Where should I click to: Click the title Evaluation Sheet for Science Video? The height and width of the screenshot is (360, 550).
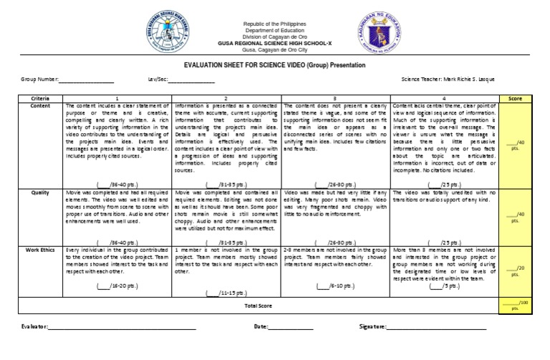pyautogui.click(x=274, y=65)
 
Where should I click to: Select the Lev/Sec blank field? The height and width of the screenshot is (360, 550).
pyautogui.click(x=190, y=80)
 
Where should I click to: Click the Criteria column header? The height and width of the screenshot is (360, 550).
pyautogui.click(x=42, y=98)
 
